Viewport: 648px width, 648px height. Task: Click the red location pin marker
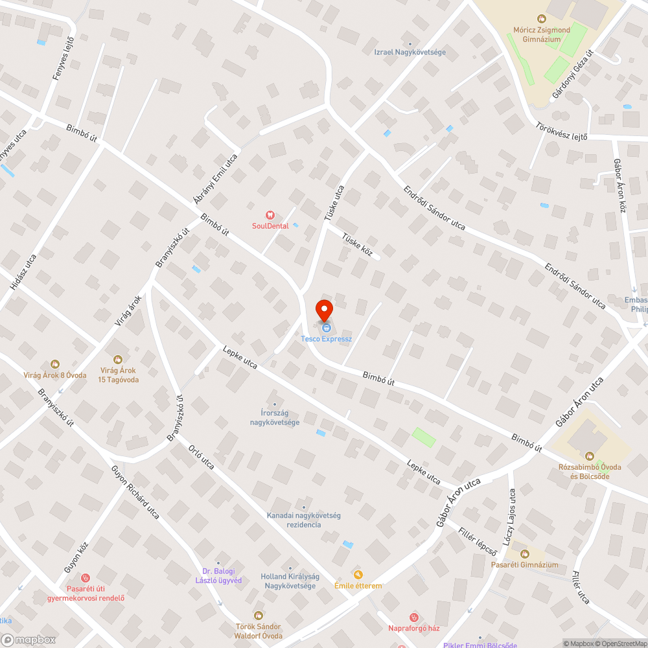point(324,310)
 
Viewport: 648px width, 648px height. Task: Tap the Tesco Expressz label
point(326,339)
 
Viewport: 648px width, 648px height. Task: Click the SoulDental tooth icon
point(270,215)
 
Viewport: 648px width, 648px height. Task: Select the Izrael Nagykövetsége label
point(410,52)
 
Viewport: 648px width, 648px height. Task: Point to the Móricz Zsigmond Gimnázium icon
point(541,19)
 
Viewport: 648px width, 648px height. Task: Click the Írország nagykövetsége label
point(275,418)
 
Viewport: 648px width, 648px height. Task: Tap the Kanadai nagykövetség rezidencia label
point(303,520)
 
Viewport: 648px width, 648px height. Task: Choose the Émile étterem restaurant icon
point(358,574)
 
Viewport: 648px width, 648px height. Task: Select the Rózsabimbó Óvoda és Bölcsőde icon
point(589,456)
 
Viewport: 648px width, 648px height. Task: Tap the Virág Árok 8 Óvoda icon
point(55,364)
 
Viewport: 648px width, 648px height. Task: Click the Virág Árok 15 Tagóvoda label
point(117,374)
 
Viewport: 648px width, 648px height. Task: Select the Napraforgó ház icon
point(414,617)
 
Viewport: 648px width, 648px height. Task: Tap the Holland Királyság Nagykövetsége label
point(288,581)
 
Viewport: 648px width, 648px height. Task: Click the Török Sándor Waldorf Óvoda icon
point(259,615)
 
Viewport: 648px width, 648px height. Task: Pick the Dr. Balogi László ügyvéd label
point(218,575)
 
